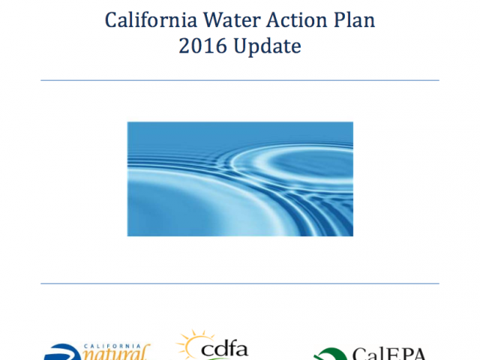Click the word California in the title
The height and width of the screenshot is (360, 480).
click(x=151, y=20)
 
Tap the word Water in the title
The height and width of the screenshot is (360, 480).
click(x=232, y=20)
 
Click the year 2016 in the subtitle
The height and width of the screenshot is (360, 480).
click(x=203, y=46)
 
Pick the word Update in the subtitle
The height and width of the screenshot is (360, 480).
click(x=267, y=46)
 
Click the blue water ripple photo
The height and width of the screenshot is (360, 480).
click(x=240, y=179)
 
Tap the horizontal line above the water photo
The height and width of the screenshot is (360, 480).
click(x=240, y=80)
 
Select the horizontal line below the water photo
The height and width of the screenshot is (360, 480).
click(x=240, y=283)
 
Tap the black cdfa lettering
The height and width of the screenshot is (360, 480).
click(x=224, y=349)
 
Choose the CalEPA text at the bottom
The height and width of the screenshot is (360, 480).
click(x=388, y=354)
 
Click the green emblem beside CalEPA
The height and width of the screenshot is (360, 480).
click(x=331, y=355)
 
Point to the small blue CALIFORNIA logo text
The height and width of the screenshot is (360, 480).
click(x=112, y=346)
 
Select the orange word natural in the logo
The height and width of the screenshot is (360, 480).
click(x=116, y=354)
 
